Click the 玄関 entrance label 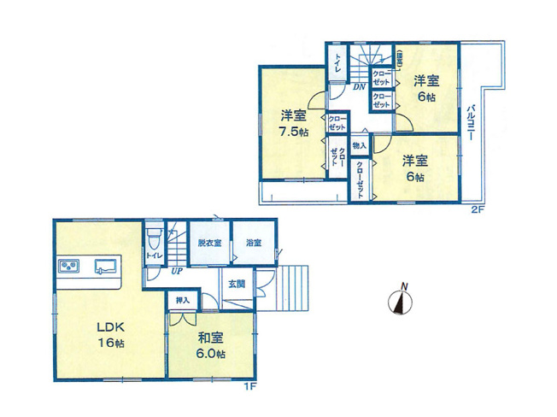pos(237,284)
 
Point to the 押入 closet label pos(183,300)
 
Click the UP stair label pos(176,273)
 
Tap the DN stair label pos(360,86)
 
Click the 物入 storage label pos(359,146)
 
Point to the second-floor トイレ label pos(338,61)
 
